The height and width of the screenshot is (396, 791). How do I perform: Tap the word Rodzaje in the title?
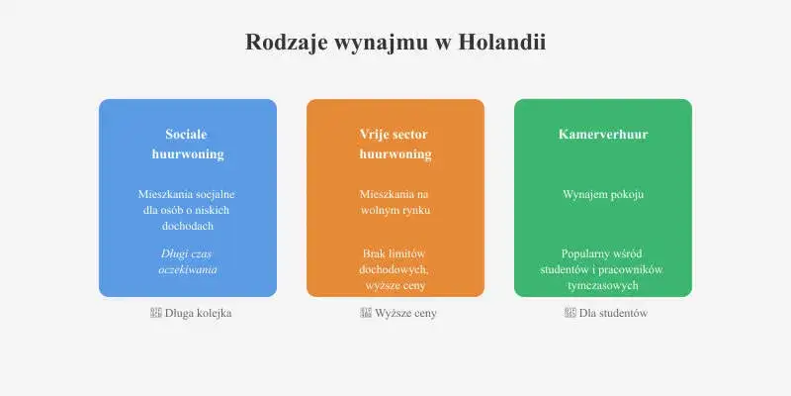[x=284, y=43]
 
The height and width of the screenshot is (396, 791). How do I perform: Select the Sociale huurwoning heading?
[x=188, y=144]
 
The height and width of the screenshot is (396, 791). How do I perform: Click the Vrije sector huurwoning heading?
[x=395, y=144]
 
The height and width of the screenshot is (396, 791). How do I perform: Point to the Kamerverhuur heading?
[x=603, y=134]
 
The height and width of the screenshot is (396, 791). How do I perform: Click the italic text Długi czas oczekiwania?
[x=188, y=261]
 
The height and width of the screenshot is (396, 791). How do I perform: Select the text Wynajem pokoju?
[x=603, y=194]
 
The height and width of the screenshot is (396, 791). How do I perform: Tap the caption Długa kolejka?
[x=198, y=313]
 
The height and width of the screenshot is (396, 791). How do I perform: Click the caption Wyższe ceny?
[x=405, y=313]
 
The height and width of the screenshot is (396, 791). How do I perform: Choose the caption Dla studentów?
[x=613, y=313]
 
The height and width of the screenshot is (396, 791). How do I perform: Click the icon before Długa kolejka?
[x=155, y=313]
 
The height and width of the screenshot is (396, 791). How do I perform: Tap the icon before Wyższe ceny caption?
[x=366, y=313]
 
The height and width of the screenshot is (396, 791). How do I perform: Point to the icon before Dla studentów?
[x=570, y=313]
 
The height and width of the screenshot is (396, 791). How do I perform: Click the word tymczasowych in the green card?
[x=603, y=285]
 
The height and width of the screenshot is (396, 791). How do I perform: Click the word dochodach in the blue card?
[x=188, y=226]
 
